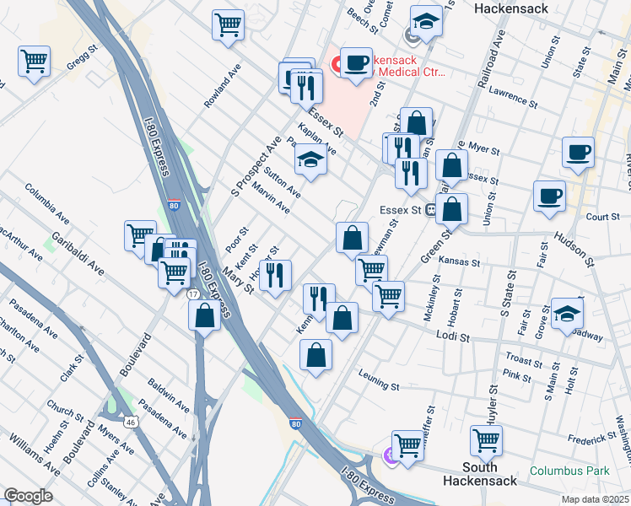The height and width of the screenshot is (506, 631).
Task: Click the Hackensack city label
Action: coord(511,8)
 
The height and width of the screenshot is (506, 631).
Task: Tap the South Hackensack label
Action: coord(479,473)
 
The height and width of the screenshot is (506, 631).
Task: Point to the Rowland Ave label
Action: coord(217,87)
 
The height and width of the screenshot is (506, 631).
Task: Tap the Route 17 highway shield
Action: coord(193,293)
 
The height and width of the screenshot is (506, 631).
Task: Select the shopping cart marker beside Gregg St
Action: coord(35,61)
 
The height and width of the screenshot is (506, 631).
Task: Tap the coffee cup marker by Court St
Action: coord(549,196)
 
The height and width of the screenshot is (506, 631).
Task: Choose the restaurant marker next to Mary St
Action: coord(275,275)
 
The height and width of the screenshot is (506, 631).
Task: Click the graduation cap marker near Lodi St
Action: coord(567,314)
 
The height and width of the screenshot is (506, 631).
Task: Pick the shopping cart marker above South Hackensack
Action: coord(487,439)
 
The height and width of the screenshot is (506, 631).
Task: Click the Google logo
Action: coord(28,495)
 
